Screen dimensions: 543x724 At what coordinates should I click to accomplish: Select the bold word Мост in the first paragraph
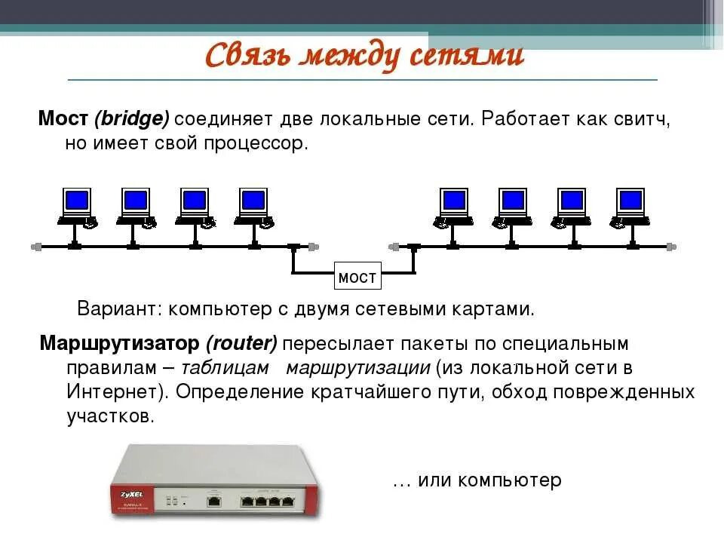(x=64, y=119)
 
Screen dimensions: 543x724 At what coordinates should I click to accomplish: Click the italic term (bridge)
(x=132, y=119)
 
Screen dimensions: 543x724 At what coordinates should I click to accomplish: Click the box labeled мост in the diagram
(x=357, y=278)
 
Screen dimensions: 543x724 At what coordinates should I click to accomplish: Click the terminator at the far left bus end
(x=35, y=247)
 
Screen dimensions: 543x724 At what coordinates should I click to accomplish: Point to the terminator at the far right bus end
(x=673, y=247)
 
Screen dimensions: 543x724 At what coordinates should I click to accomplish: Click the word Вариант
(x=120, y=309)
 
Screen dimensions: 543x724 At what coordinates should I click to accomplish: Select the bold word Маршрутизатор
(x=121, y=344)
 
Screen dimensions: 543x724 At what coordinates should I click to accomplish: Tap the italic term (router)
(x=241, y=344)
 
